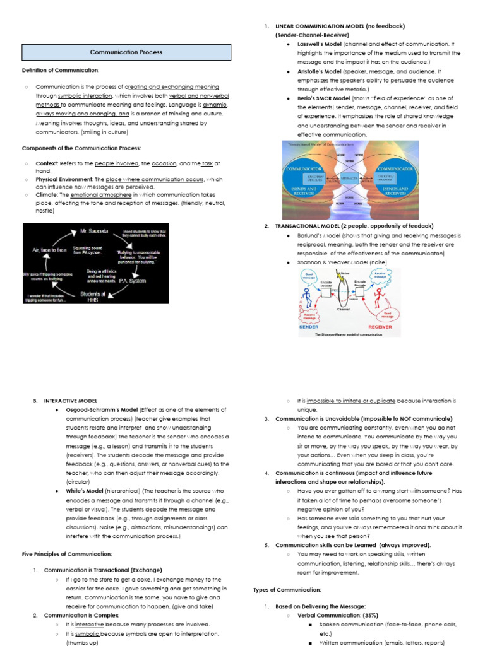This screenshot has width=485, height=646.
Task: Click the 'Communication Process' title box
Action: (x=126, y=52)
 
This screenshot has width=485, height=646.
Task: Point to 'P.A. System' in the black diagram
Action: (x=131, y=281)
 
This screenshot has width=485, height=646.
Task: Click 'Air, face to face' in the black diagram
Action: (x=49, y=250)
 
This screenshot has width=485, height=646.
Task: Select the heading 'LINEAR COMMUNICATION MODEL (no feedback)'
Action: (x=340, y=26)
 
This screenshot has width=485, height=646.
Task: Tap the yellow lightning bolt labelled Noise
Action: (x=339, y=276)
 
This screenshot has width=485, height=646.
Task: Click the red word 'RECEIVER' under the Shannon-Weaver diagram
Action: (x=380, y=327)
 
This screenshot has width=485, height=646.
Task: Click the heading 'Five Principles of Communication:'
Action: (x=67, y=553)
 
